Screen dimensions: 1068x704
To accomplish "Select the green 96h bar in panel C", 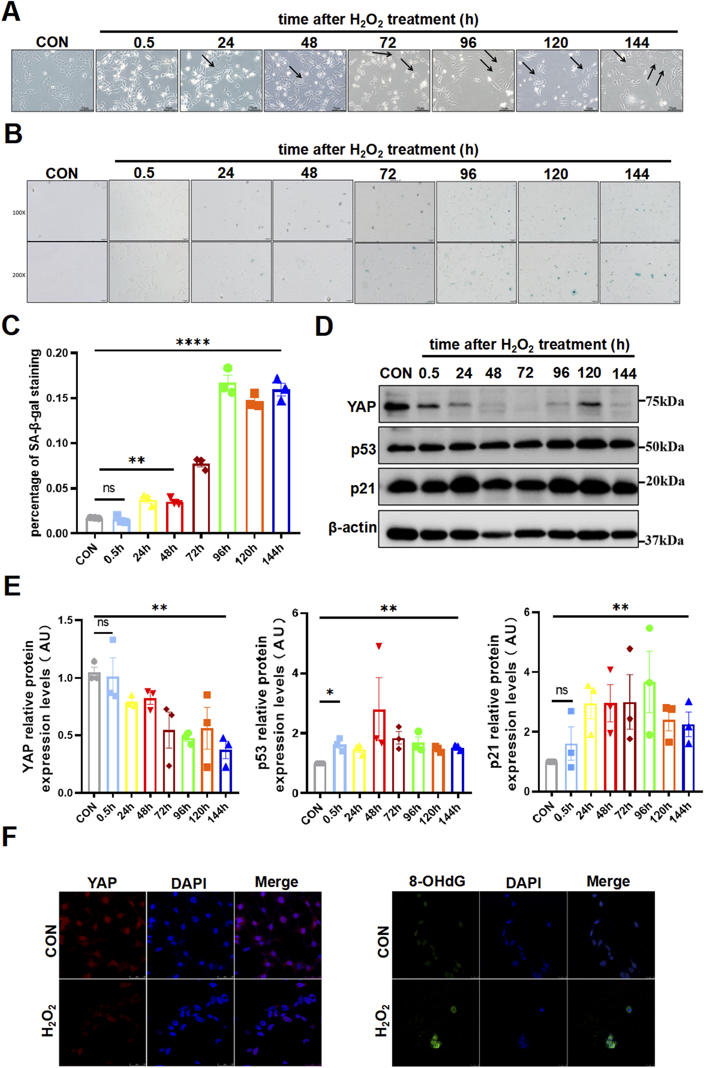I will point(227,458).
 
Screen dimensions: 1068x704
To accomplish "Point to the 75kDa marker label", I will point(665,401).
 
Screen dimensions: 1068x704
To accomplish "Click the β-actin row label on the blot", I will point(352,527).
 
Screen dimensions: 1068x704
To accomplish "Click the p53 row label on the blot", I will point(363,449).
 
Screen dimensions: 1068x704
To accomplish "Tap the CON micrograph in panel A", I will point(52,81).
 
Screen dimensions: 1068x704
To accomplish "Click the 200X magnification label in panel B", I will point(19,275).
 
